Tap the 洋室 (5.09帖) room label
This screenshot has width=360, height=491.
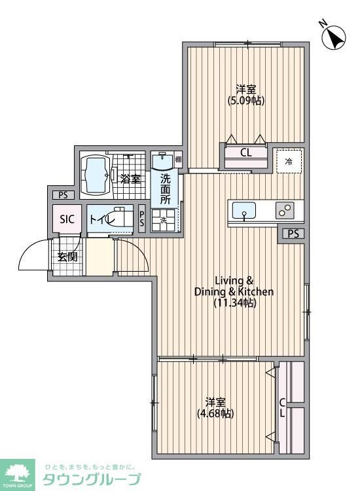246,95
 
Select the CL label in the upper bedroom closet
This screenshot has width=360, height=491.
245,153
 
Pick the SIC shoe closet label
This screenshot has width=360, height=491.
67,219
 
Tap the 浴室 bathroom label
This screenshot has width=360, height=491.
130,178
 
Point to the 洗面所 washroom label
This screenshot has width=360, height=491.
165,188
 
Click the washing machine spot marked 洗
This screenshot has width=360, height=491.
164,221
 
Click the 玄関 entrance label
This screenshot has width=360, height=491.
67,256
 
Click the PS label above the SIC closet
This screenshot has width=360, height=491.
63,195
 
